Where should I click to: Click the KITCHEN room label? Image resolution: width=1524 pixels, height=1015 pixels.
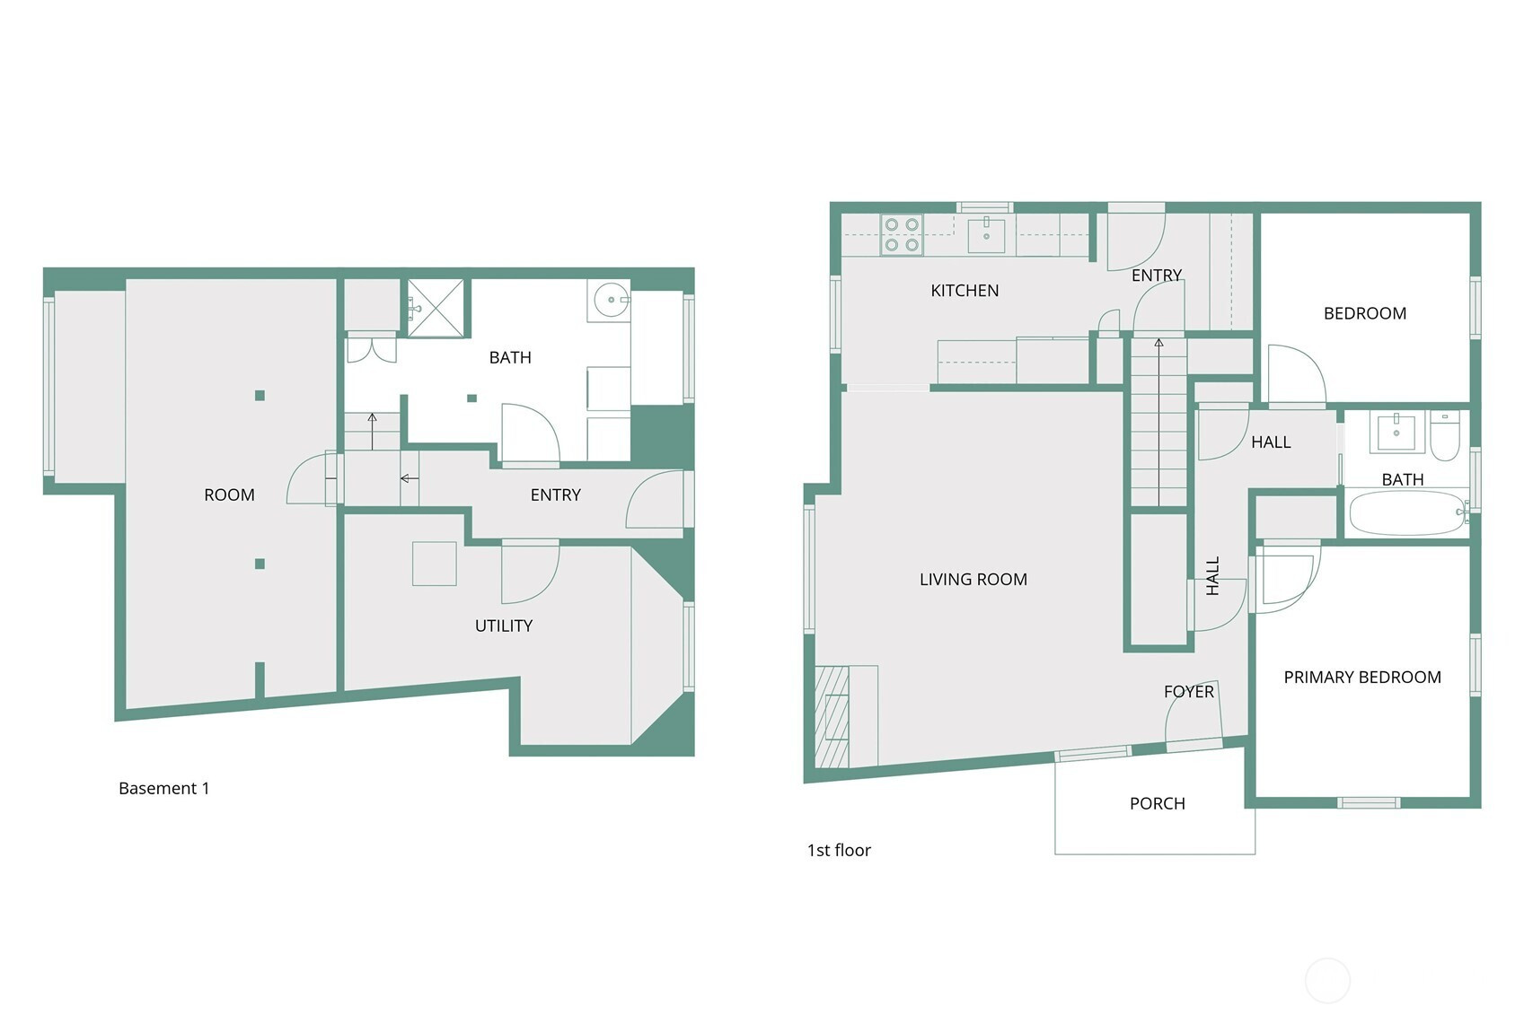[965, 291]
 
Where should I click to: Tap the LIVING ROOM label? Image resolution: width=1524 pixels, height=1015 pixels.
[973, 579]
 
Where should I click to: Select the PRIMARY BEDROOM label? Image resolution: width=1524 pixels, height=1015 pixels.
[1362, 678]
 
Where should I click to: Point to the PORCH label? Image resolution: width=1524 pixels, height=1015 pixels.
[1158, 803]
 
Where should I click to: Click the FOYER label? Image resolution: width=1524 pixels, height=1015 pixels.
[1189, 692]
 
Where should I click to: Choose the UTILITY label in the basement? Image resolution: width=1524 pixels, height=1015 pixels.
[504, 626]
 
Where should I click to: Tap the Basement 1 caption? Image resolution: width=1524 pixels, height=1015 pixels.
[164, 789]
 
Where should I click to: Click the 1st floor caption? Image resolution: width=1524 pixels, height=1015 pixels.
[839, 851]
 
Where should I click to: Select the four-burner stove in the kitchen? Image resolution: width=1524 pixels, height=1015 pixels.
[902, 234]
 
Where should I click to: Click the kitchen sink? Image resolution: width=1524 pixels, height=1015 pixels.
[986, 235]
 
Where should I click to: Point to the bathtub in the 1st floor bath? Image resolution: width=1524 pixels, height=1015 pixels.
[1407, 513]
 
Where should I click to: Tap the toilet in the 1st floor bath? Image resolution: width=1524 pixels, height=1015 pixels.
[1444, 436]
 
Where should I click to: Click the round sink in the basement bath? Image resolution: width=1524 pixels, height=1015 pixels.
[611, 300]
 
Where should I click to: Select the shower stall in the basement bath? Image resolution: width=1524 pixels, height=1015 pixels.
[436, 308]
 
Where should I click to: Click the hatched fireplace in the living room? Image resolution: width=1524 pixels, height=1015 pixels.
[832, 717]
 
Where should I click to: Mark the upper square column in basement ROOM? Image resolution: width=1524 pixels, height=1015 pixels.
[260, 396]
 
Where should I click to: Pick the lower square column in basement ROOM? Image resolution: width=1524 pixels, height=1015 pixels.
[260, 564]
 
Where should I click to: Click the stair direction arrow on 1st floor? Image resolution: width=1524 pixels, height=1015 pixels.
[1158, 422]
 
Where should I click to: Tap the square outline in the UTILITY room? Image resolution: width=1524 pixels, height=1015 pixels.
[434, 564]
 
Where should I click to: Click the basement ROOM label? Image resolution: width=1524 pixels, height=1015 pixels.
[229, 494]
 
